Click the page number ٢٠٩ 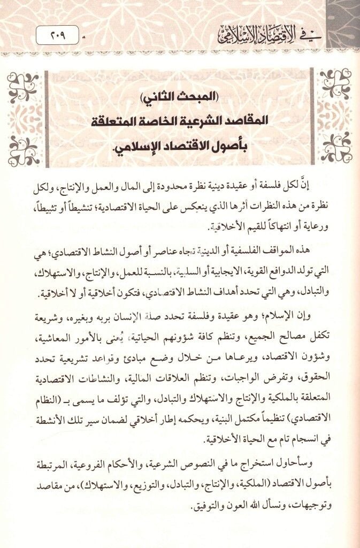pos(56,38)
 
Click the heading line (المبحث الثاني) pos(180,98)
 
